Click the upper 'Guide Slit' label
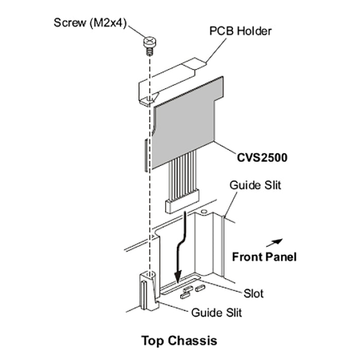pyautogui.click(x=255, y=185)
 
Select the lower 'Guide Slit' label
pyautogui.click(x=217, y=312)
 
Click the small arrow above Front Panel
pyautogui.click(x=276, y=241)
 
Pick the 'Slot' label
pyautogui.click(x=253, y=293)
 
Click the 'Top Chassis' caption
pyautogui.click(x=179, y=340)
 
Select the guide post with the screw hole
pyautogui.click(x=147, y=290)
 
